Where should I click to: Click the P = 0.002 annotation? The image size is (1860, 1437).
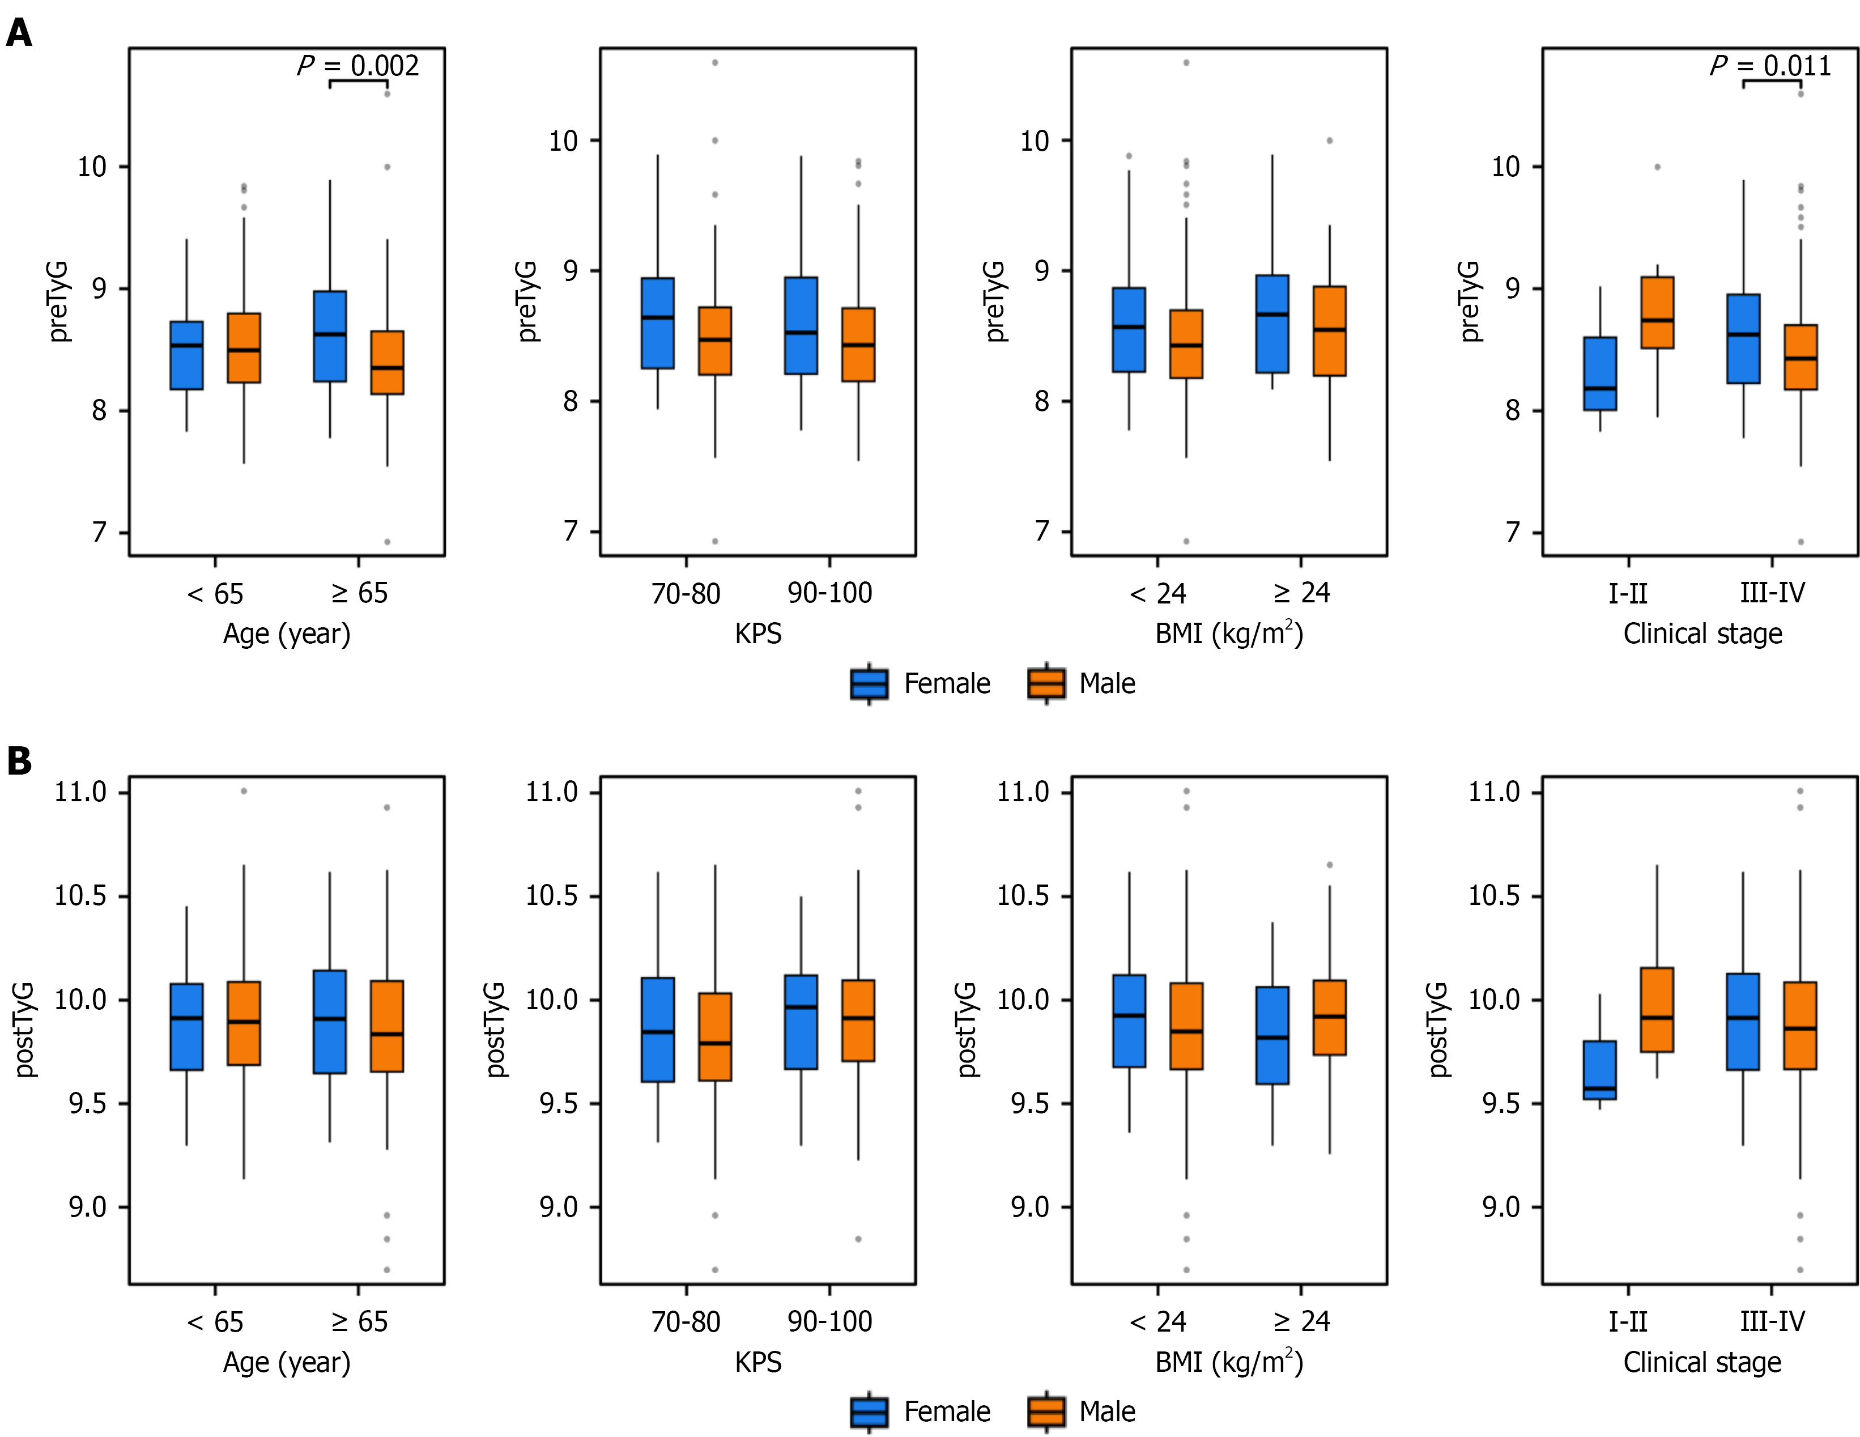pos(357,66)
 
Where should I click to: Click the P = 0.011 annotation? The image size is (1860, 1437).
pos(1770,66)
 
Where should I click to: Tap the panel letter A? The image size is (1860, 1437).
pos(18,33)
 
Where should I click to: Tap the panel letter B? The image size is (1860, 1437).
pos(18,760)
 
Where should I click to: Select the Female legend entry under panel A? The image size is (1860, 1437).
pos(921,683)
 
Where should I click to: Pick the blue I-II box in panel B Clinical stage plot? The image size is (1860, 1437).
pos(1599,1070)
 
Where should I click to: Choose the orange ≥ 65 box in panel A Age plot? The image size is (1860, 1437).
pos(388,362)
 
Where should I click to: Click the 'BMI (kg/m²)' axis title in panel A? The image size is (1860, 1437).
pos(1228,634)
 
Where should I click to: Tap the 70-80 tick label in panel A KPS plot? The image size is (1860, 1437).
pos(686,593)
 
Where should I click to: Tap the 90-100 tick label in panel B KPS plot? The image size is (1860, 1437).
pos(829,1321)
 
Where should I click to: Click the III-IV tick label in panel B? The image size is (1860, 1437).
pos(1772,1321)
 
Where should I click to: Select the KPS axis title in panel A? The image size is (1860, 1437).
pos(758,634)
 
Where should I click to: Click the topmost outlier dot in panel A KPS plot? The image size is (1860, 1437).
pos(714,62)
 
